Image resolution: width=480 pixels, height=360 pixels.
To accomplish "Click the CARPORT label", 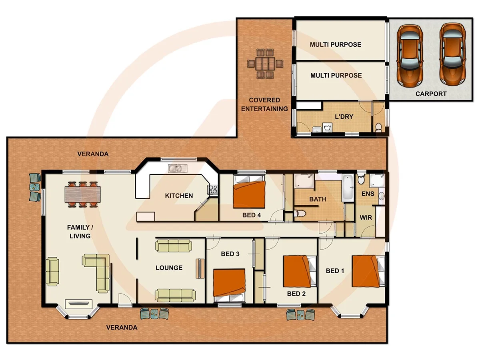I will click(430, 94).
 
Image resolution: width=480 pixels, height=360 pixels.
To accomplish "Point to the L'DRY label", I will click(344, 117).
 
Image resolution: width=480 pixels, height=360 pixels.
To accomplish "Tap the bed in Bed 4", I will click(249, 194).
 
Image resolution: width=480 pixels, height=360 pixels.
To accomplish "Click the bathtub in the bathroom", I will click(348, 188).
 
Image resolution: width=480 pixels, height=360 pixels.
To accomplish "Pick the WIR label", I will click(366, 218).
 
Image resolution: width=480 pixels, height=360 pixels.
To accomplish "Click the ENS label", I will click(368, 194).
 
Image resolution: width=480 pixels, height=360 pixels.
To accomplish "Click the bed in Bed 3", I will click(229, 284).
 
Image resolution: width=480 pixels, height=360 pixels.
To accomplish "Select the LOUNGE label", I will click(169, 268).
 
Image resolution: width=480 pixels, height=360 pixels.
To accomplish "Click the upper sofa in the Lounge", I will click(174, 246).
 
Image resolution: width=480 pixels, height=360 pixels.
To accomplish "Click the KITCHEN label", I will click(179, 196).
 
